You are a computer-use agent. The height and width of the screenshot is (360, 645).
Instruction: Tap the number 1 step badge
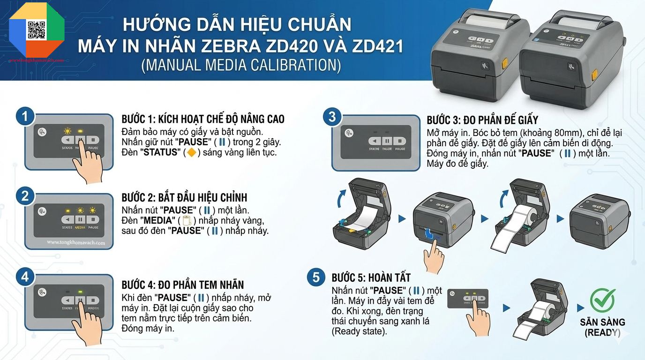[25, 117]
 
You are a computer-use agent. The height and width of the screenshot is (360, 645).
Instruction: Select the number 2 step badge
[25, 196]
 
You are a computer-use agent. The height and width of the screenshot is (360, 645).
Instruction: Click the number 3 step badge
[332, 117]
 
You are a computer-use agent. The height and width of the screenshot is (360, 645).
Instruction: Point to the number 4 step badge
[25, 277]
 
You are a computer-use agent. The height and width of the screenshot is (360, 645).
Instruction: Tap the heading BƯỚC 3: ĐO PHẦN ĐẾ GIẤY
[482, 120]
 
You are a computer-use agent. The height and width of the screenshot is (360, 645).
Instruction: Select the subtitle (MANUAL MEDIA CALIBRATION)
[241, 65]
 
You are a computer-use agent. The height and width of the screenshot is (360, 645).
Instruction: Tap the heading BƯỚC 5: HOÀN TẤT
[371, 277]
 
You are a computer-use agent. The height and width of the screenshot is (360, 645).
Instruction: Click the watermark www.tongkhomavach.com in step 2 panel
[76, 243]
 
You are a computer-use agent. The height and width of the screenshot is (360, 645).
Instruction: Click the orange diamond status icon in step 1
[191, 152]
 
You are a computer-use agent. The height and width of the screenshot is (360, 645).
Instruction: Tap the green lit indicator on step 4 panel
[80, 292]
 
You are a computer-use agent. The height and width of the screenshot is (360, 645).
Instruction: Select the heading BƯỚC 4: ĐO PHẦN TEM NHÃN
[182, 285]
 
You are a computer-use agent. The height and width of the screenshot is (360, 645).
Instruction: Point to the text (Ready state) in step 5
[360, 331]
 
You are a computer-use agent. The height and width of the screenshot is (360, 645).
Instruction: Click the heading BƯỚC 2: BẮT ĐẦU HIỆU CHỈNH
[184, 197]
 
